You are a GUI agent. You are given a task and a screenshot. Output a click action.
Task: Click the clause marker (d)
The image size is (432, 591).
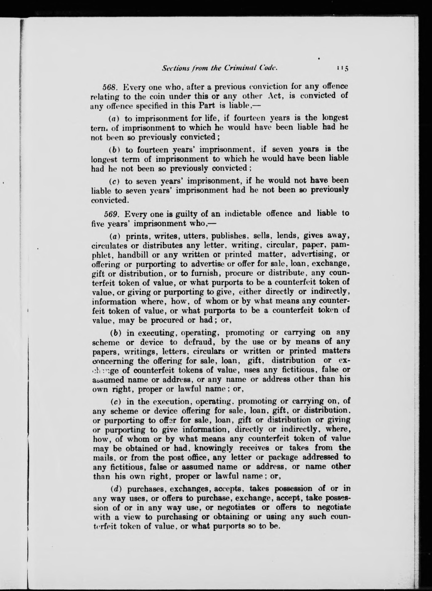(x=116, y=489)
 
